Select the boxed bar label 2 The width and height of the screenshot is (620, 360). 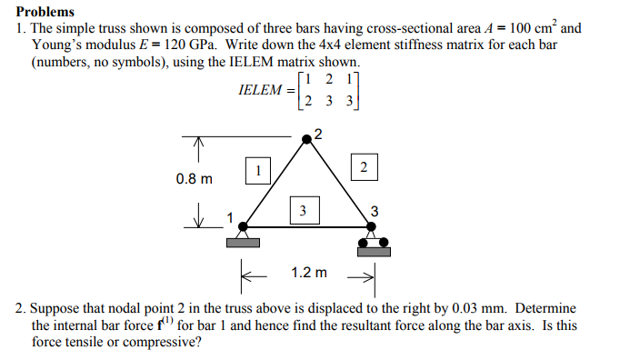tap(364, 168)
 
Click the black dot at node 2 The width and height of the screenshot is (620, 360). tap(307, 137)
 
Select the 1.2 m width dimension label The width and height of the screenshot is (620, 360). tap(309, 272)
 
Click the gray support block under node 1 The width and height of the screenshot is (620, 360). tap(242, 242)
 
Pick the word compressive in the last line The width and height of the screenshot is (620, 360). tap(166, 342)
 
